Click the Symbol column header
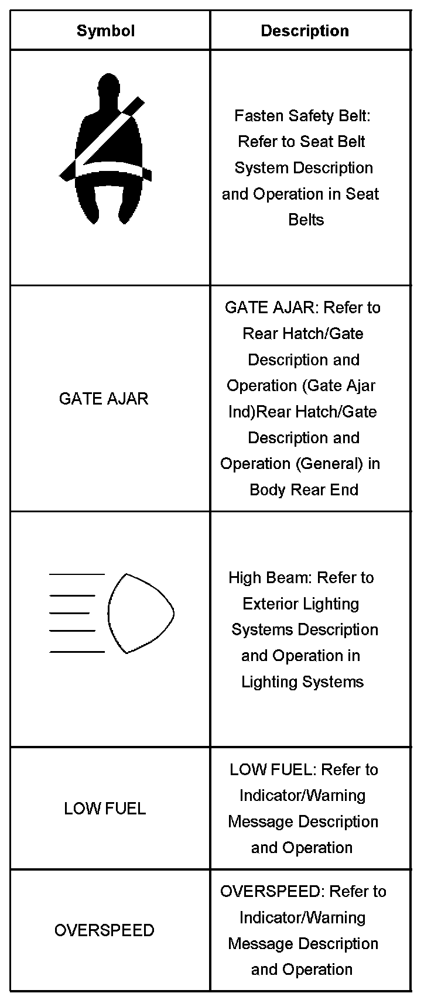(105, 31)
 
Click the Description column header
(305, 31)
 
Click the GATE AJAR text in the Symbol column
(104, 399)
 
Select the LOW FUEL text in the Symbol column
(105, 809)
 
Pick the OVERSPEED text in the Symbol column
(104, 930)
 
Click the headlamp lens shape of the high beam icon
(140, 613)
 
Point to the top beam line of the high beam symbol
(77, 574)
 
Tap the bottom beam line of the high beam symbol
(77, 651)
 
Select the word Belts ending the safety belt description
(306, 220)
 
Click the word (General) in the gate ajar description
(329, 464)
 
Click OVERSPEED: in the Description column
(272, 892)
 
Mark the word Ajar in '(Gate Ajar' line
(361, 386)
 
